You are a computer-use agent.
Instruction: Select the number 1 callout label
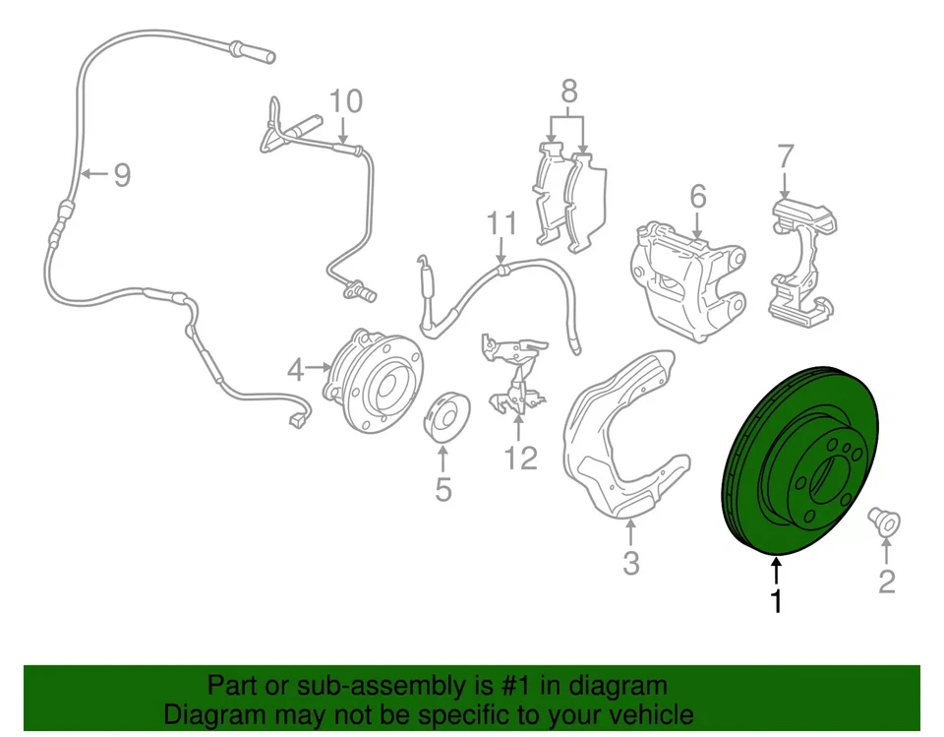point(777,600)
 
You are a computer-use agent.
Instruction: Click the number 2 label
point(886,583)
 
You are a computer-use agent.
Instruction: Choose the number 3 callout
point(630,564)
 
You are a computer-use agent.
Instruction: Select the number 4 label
point(296,369)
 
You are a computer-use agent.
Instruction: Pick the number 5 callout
point(442,488)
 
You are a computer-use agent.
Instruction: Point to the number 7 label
point(785,155)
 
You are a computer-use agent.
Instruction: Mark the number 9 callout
point(121,175)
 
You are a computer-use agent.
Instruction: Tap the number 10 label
point(345,100)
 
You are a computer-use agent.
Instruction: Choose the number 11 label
point(501,223)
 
